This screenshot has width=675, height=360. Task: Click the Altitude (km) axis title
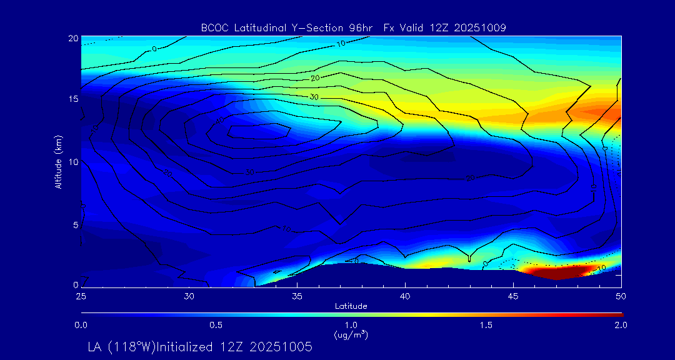[58, 161]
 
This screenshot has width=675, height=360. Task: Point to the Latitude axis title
[351, 306]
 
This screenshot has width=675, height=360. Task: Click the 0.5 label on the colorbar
[216, 325]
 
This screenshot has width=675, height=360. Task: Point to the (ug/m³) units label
[351, 335]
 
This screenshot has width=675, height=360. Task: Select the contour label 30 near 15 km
[314, 97]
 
